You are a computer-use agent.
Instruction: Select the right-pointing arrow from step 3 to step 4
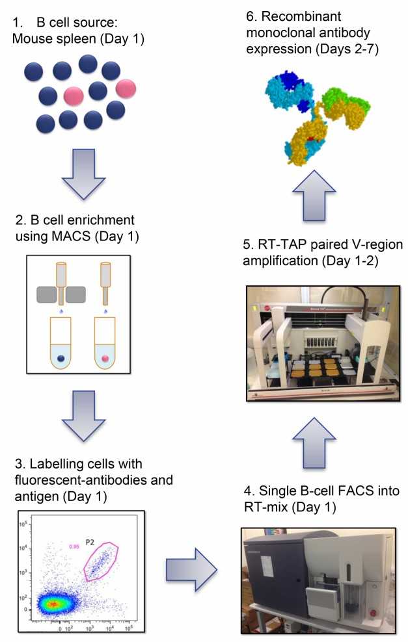189,570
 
